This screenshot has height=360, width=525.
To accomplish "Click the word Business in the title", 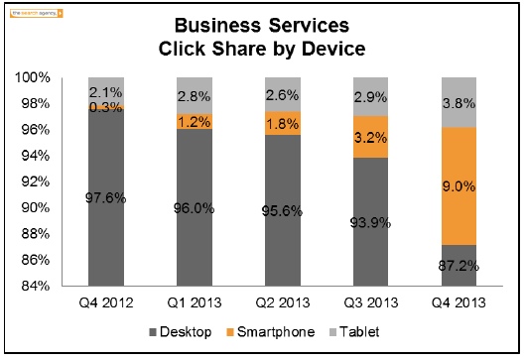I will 209,25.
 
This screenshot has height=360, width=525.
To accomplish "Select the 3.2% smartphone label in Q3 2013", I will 370,137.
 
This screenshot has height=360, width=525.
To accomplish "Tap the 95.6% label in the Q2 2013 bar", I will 282,198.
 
